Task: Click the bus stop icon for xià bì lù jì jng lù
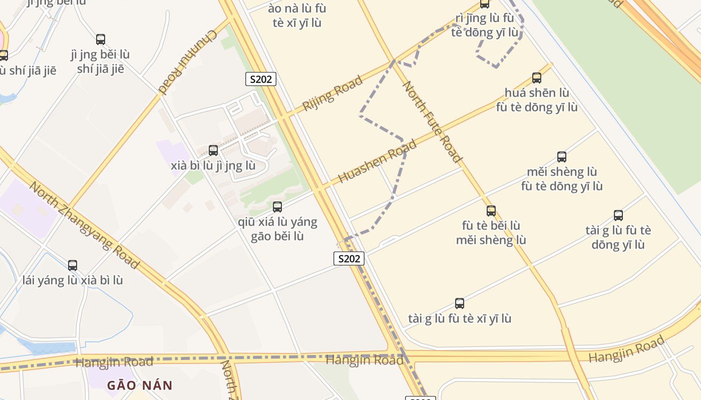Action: tap(213, 150)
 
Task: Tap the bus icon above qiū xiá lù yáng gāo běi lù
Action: tap(277, 207)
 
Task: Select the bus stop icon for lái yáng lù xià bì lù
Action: tap(73, 265)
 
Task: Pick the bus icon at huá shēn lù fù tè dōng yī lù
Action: tap(537, 78)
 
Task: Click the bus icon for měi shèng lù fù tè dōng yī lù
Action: tap(562, 157)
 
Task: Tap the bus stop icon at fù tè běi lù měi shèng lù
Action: tap(491, 211)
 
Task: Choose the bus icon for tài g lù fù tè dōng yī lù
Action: tap(618, 215)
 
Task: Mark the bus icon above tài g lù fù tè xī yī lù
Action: tap(460, 303)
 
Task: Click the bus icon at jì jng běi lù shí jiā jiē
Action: tap(101, 39)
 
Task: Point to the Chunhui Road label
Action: tap(188, 62)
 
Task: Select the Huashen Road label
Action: tap(378, 161)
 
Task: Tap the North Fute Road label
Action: tap(432, 122)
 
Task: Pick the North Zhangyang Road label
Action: tap(84, 224)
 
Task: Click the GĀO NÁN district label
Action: tap(140, 385)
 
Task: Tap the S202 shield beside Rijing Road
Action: tap(261, 79)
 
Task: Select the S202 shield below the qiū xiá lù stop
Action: tap(349, 258)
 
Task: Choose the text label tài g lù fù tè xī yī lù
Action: tap(460, 318)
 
